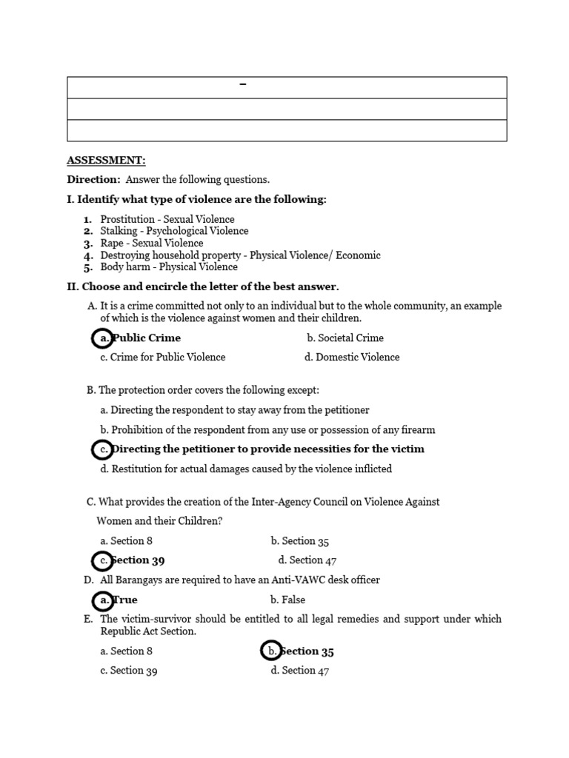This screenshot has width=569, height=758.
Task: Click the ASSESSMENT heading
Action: tap(106, 160)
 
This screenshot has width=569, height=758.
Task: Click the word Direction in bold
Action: tap(93, 179)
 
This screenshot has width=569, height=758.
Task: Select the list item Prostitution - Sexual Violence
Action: tap(167, 219)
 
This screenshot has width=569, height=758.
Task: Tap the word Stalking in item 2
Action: tap(119, 231)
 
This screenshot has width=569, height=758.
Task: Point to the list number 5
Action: tap(87, 267)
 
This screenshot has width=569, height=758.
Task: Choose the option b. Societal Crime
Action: tap(345, 338)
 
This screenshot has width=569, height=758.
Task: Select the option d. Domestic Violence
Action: tap(351, 358)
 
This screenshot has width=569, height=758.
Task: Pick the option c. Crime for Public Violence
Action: tap(162, 358)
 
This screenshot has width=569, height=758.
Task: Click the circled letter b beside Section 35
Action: tap(272, 651)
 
